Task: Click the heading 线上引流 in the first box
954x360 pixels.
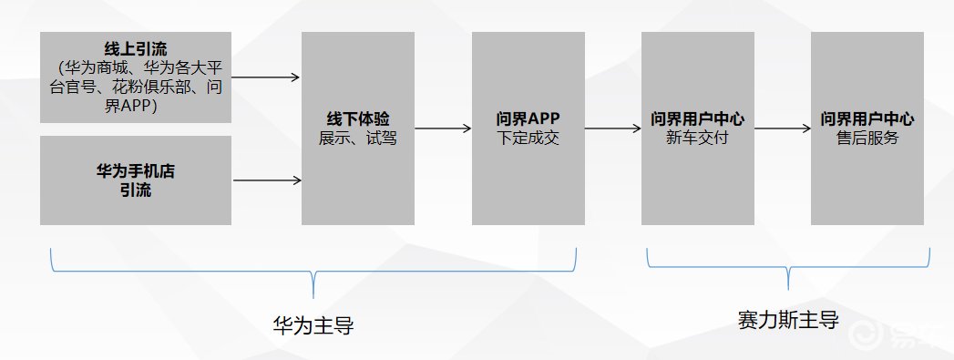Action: tap(135, 47)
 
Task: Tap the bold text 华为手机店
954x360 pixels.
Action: tap(135, 172)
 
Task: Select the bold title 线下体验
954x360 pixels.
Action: tap(358, 120)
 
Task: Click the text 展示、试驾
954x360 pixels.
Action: tap(358, 139)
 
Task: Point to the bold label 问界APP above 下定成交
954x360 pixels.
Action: tap(528, 120)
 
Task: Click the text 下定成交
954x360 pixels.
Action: tap(528, 139)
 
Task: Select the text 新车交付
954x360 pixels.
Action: tap(697, 139)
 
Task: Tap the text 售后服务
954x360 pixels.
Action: tap(867, 139)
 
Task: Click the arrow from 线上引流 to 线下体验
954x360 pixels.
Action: tap(266, 77)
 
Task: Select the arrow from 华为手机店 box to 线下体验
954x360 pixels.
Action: tap(266, 180)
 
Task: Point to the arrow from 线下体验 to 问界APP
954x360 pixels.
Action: tap(443, 129)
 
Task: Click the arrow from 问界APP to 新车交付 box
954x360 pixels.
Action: tap(612, 129)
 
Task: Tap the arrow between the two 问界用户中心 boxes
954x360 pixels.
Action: tap(782, 129)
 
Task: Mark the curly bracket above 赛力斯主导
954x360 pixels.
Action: tap(789, 266)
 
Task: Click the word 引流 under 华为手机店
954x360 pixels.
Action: tap(135, 190)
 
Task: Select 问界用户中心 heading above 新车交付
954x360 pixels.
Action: tap(697, 120)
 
